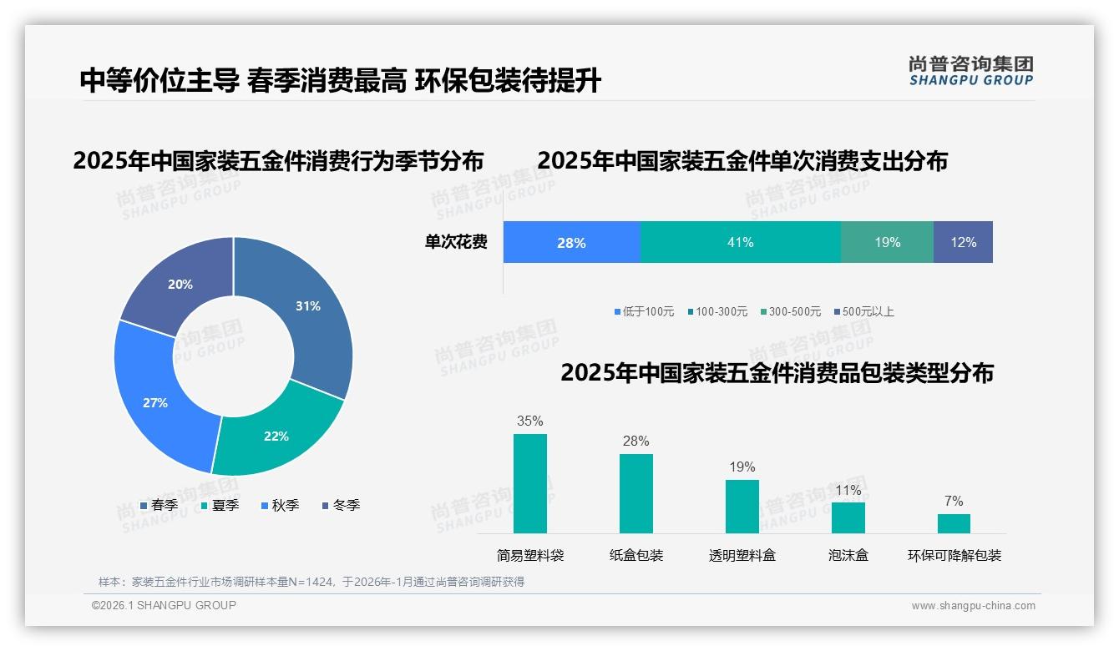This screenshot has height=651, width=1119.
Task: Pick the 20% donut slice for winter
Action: pyautogui.click(x=180, y=285)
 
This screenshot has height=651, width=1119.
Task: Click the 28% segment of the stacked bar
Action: pyautogui.click(x=571, y=243)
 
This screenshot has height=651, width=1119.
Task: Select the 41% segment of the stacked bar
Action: pyautogui.click(x=740, y=243)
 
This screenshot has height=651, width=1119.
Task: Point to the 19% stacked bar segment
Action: pyautogui.click(x=887, y=243)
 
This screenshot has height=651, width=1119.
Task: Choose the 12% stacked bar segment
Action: pyautogui.click(x=963, y=243)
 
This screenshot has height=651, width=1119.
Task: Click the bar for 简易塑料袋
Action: pyautogui.click(x=530, y=483)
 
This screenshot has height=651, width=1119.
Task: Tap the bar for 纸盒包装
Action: pyautogui.click(x=636, y=493)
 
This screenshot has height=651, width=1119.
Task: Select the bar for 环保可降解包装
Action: pyautogui.click(x=954, y=523)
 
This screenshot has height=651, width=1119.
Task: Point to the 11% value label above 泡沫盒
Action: pyautogui.click(x=848, y=491)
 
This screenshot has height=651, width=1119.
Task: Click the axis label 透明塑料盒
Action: pyautogui.click(x=742, y=555)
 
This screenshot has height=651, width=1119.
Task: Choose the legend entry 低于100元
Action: pyautogui.click(x=644, y=311)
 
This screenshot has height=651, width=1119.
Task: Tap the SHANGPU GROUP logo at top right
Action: pyautogui.click(x=970, y=71)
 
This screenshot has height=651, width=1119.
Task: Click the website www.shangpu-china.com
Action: pyautogui.click(x=973, y=606)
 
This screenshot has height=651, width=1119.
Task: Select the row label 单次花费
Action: pyautogui.click(x=456, y=243)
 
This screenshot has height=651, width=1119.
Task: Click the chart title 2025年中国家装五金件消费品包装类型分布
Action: pyautogui.click(x=777, y=373)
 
